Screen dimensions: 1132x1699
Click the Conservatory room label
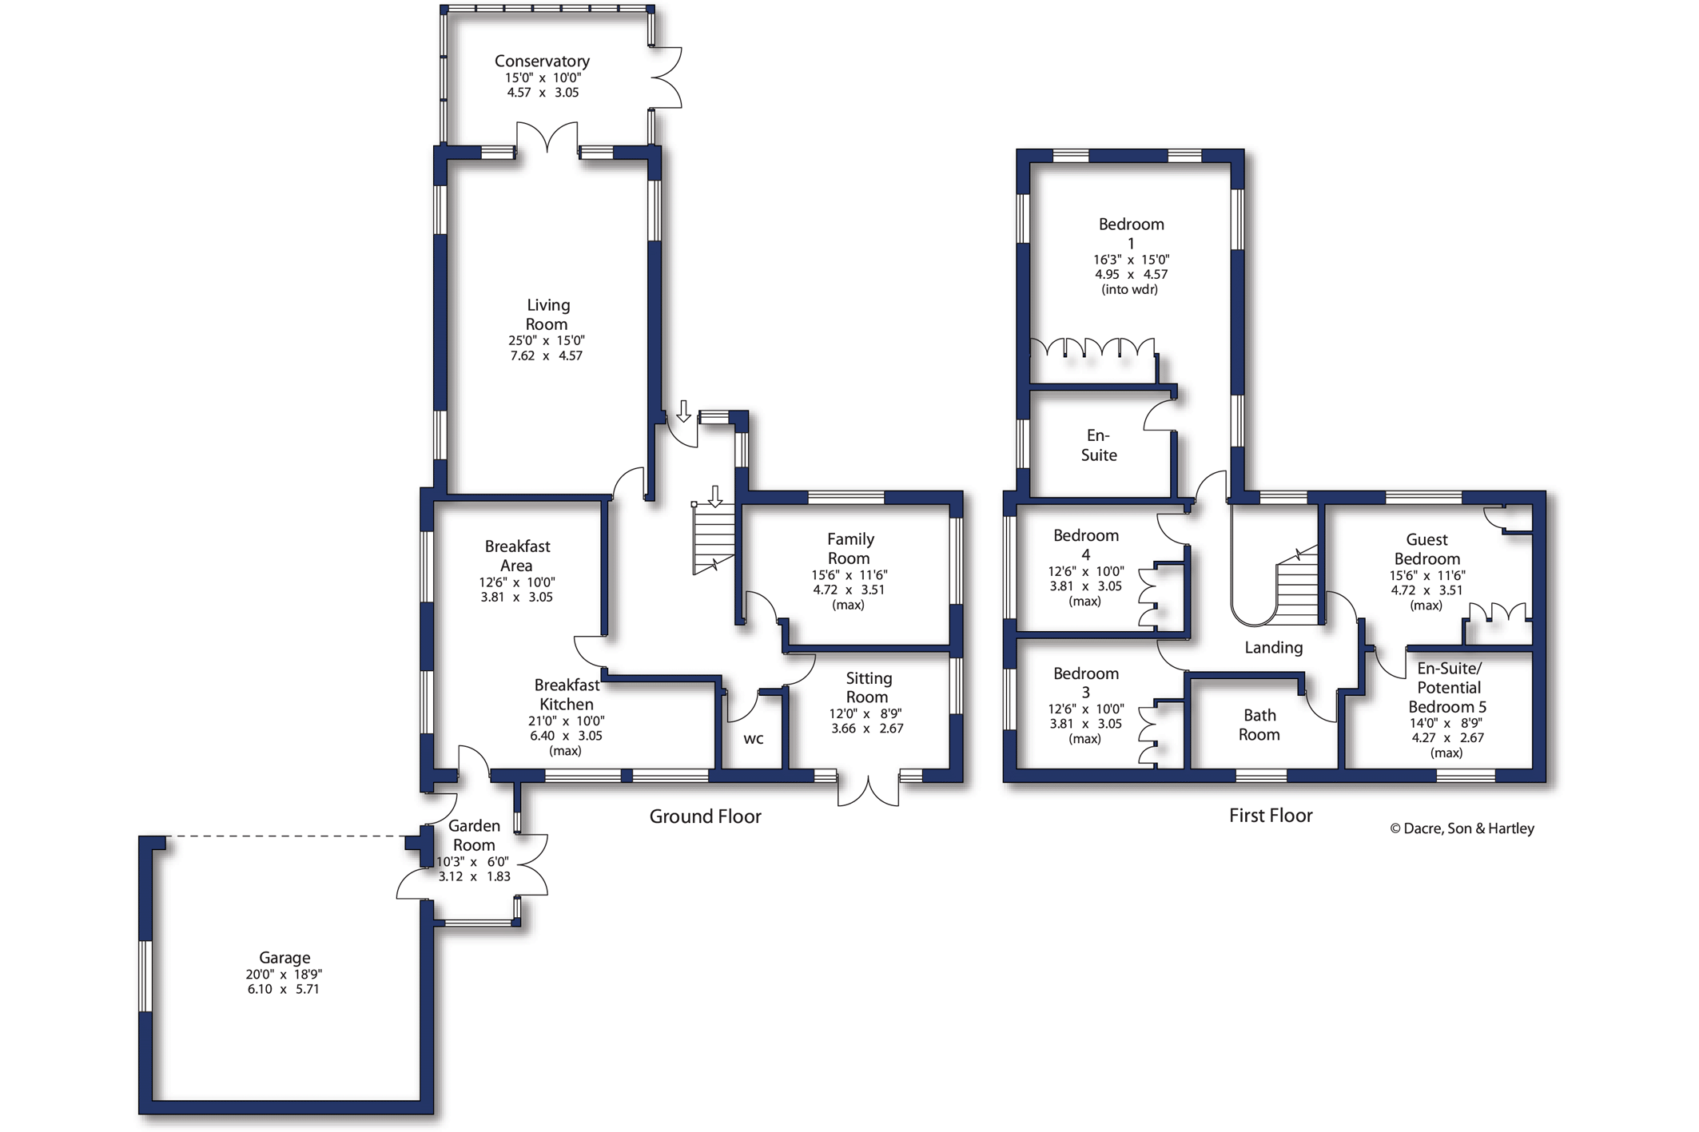(542, 62)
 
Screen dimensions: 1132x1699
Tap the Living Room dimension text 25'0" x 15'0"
(547, 340)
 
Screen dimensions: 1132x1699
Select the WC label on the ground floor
(754, 739)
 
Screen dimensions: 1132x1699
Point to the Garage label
(284, 957)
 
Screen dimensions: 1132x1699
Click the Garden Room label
(474, 835)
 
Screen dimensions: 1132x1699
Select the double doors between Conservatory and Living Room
(547, 137)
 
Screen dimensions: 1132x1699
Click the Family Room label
(849, 549)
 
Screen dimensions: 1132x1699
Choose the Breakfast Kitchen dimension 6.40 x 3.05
(566, 736)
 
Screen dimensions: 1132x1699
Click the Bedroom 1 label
(1131, 233)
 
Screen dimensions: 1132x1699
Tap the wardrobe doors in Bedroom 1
(1092, 348)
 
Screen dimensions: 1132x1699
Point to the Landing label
(1273, 648)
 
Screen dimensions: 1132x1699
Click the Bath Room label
(1259, 725)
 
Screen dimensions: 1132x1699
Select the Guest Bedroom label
(1426, 550)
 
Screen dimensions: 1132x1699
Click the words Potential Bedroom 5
(1448, 697)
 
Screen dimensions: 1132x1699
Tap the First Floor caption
(1271, 816)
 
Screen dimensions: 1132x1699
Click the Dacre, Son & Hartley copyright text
(1462, 828)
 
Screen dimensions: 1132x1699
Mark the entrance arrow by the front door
(683, 411)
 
